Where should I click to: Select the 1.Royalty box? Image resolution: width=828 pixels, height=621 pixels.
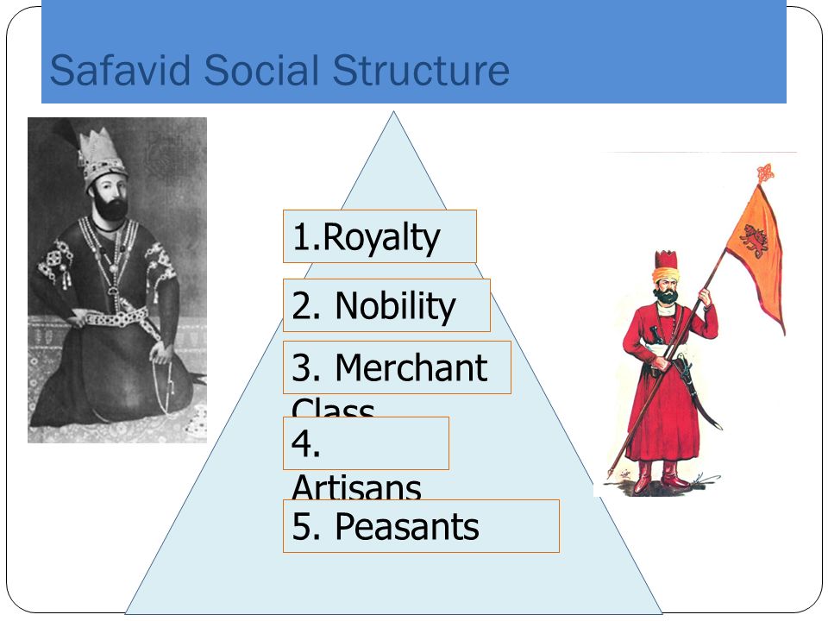[379, 236]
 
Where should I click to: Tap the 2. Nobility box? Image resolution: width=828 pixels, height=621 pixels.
[386, 305]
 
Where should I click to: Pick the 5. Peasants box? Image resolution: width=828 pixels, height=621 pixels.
[421, 526]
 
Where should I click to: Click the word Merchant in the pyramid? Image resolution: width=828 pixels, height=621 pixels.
[411, 368]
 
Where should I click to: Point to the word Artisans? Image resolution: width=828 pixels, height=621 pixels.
[356, 488]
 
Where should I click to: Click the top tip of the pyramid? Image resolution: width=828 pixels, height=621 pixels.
[394, 113]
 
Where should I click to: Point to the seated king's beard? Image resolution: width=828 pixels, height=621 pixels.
[110, 207]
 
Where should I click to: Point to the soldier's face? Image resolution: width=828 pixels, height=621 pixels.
[665, 289]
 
